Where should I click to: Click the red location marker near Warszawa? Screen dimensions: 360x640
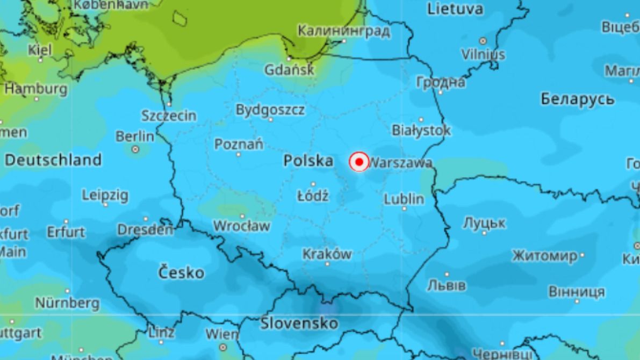click(358, 162)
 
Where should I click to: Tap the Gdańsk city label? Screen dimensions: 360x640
click(289, 70)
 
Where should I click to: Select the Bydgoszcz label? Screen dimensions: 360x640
click(270, 110)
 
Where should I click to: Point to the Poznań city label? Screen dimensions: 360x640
click(239, 145)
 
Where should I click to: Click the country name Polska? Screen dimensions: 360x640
click(308, 160)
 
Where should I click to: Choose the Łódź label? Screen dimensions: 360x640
click(313, 196)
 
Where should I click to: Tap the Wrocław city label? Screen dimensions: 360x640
click(242, 226)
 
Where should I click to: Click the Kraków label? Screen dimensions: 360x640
click(327, 254)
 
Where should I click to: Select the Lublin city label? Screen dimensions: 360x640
click(404, 199)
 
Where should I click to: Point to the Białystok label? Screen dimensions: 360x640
click(421, 130)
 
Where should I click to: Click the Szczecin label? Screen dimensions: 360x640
click(169, 116)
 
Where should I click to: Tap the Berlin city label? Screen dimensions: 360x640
click(135, 136)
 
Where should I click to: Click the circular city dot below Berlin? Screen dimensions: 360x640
click(135, 149)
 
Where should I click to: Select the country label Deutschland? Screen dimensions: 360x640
click(53, 160)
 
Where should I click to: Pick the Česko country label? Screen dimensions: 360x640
click(181, 272)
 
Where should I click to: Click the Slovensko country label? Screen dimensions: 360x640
click(299, 323)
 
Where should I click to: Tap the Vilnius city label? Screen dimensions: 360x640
click(483, 54)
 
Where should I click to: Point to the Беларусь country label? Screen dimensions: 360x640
click(577, 99)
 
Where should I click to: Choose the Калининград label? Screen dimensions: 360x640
click(344, 31)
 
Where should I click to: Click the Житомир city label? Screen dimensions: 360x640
click(544, 256)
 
